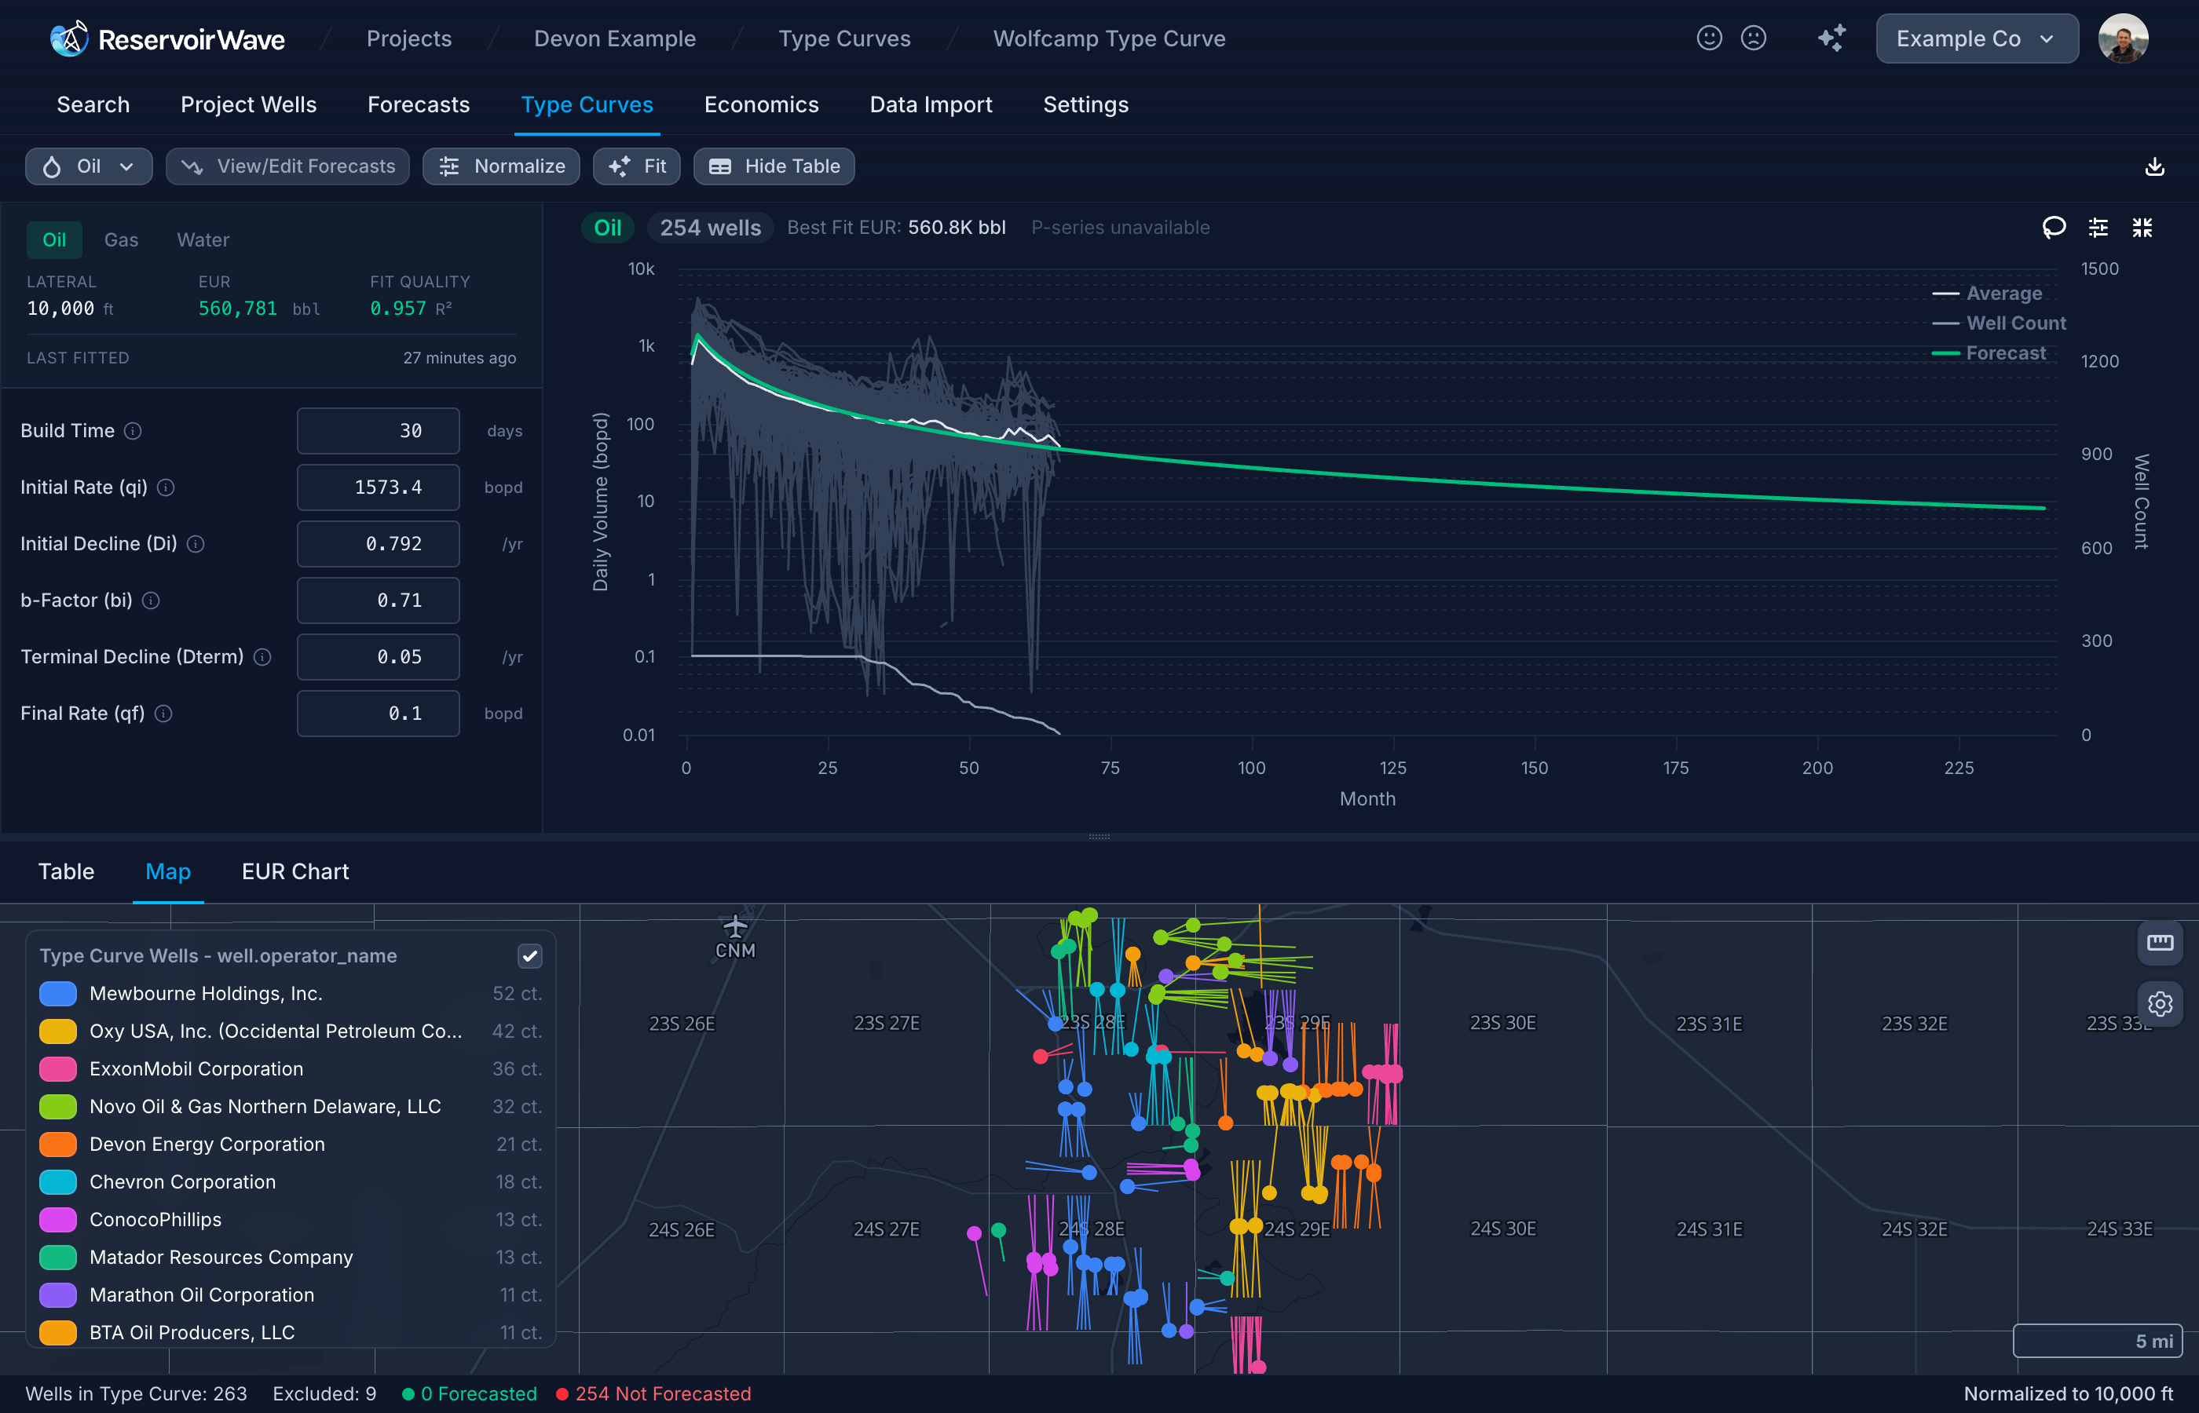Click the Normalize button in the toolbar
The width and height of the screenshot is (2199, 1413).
[501, 166]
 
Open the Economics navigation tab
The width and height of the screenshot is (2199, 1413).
[761, 104]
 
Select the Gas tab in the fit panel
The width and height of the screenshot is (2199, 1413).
[121, 239]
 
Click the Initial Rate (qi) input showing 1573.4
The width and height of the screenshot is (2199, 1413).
[378, 487]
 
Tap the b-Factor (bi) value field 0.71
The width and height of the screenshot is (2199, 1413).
[378, 600]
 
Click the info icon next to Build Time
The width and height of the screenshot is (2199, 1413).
[133, 431]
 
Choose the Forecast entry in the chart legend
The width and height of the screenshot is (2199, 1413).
[2004, 353]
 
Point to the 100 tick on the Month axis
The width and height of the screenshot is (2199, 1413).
[1251, 768]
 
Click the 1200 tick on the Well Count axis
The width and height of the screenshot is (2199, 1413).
[2100, 362]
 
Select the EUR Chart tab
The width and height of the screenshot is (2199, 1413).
[295, 871]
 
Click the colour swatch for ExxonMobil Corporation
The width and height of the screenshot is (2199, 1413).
[58, 1069]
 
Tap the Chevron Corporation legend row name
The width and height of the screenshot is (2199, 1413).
[183, 1181]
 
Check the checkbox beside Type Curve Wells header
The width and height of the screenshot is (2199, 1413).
[529, 956]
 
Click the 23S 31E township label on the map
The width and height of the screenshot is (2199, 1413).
[1708, 1024]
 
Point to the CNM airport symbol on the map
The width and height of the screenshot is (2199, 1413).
[735, 927]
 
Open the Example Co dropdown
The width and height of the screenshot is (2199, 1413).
[1976, 38]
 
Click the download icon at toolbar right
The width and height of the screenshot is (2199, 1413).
[2154, 167]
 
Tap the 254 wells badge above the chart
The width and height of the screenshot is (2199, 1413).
[711, 228]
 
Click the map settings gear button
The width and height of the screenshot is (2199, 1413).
[2160, 1004]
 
